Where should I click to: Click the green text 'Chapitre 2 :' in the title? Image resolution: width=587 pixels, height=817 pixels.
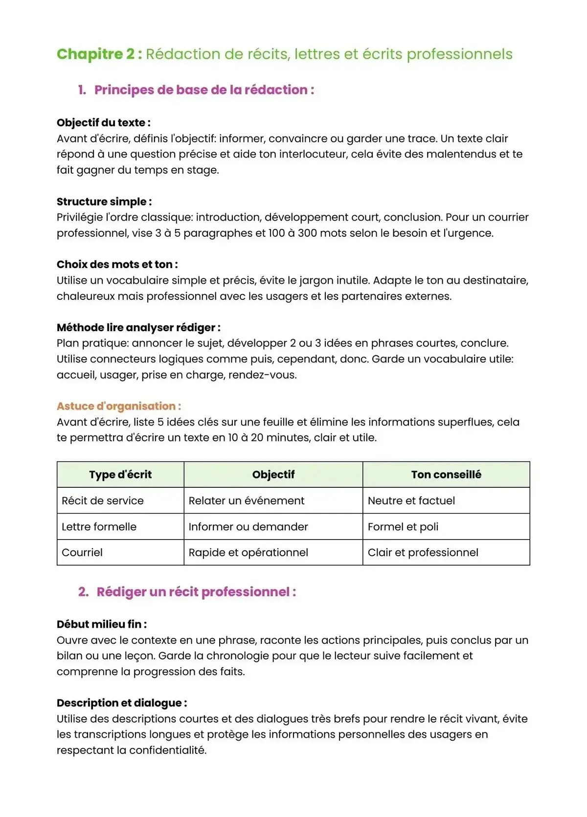coord(99,54)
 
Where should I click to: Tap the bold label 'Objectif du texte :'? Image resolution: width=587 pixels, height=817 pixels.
coord(103,123)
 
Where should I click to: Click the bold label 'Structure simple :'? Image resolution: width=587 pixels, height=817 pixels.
coord(104,202)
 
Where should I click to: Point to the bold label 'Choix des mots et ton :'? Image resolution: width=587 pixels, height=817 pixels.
coord(117,265)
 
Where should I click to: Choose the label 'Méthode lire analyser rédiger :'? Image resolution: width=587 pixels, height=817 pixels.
coord(138,328)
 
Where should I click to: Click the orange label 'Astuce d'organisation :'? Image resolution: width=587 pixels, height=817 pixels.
coord(119,406)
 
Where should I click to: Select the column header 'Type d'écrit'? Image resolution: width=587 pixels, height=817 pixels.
coord(120,475)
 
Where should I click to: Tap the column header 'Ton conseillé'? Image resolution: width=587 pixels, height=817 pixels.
coord(446,475)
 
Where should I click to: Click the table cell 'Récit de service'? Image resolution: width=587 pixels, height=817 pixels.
coord(103,500)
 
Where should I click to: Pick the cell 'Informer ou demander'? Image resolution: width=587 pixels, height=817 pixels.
coord(248,527)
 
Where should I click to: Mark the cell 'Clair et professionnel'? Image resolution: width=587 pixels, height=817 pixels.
coord(423,553)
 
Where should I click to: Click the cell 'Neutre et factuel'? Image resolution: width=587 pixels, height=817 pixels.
coord(411,500)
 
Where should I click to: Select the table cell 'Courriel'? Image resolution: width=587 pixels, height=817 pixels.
coord(82,553)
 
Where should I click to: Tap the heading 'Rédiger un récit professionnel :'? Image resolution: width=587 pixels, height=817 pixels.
coord(196,592)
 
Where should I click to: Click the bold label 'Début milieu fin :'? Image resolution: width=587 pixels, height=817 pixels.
coord(102,624)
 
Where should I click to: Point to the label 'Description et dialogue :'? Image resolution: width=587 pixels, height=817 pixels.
coord(122,703)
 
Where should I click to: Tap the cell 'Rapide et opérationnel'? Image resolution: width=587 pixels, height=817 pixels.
coord(248,553)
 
